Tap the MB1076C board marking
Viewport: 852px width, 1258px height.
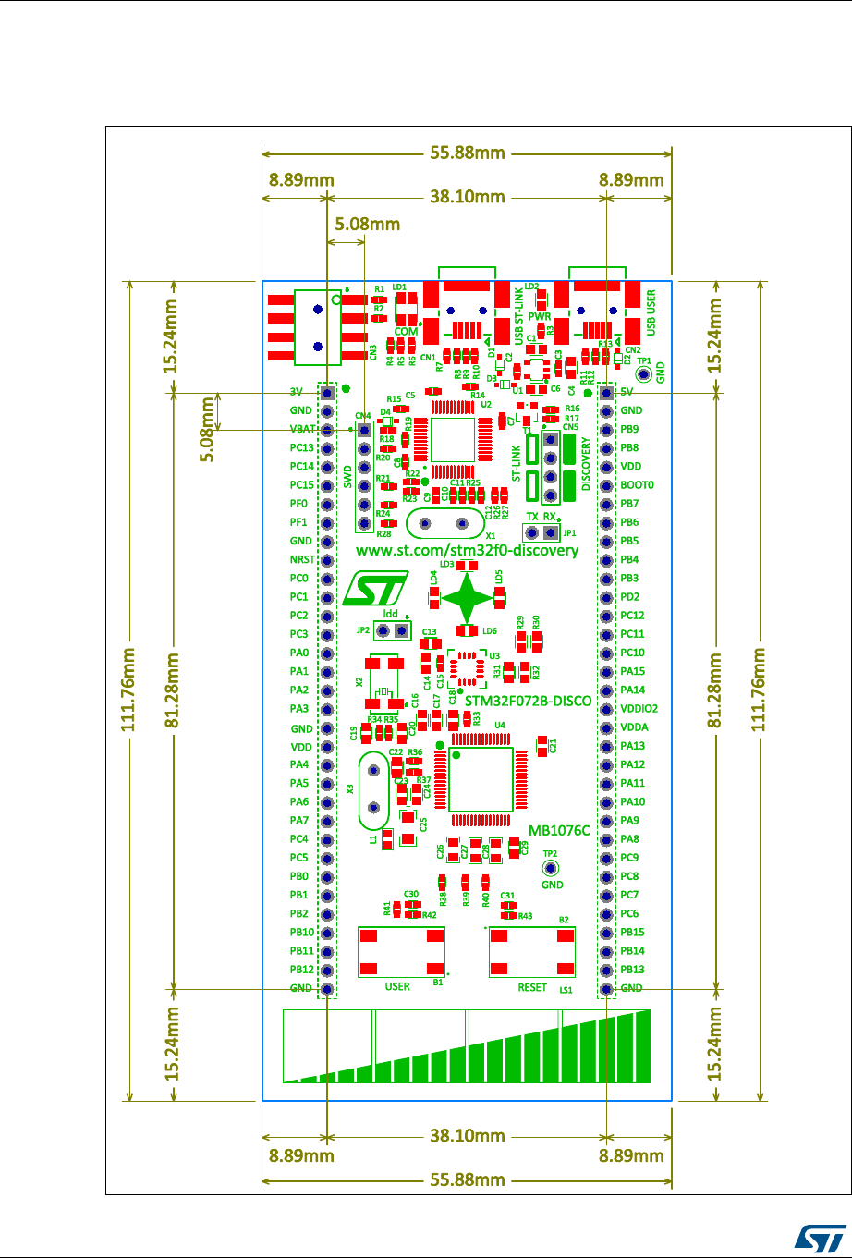coord(558,831)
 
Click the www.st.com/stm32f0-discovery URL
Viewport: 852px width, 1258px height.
coord(467,550)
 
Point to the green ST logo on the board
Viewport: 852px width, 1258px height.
coord(375,588)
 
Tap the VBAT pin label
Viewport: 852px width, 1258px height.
coord(301,430)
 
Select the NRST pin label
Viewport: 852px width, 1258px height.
coord(301,560)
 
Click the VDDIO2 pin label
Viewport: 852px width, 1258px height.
coord(640,709)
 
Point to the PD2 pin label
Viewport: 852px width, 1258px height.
coord(631,597)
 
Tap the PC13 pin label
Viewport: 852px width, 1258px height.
coord(302,448)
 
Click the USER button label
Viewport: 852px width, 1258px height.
coord(396,987)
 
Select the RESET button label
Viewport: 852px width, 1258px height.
coord(532,987)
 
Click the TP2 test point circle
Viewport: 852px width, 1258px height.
coord(551,869)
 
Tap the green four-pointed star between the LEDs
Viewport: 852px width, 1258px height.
coord(467,598)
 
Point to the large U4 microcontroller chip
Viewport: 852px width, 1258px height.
coord(481,780)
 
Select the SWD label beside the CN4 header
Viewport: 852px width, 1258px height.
coord(347,476)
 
